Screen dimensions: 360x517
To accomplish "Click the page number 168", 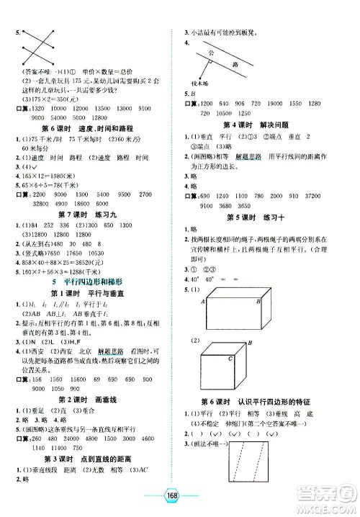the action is coord(179,501).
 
